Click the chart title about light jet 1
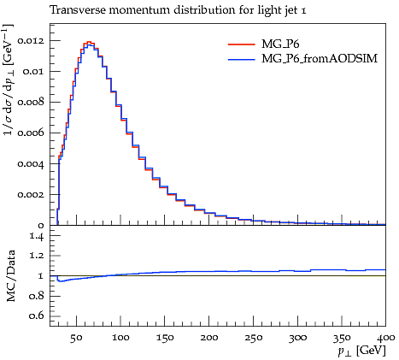[178, 10]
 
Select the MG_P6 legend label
[280, 44]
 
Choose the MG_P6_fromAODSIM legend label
[320, 58]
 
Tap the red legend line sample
[242, 44]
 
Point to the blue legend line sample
[242, 59]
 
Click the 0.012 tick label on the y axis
[31, 40]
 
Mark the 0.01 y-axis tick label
[33, 71]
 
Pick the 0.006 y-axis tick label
[31, 133]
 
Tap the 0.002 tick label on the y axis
[31, 195]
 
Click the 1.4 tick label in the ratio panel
[38, 236]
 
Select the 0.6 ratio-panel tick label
[37, 316]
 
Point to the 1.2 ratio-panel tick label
[38, 256]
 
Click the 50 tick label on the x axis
[76, 338]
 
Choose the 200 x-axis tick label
[209, 338]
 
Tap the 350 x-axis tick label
[342, 338]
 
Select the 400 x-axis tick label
[386, 338]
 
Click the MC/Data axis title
[11, 275]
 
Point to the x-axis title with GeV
[361, 351]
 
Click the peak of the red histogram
[89, 42]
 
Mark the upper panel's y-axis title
[8, 80]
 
